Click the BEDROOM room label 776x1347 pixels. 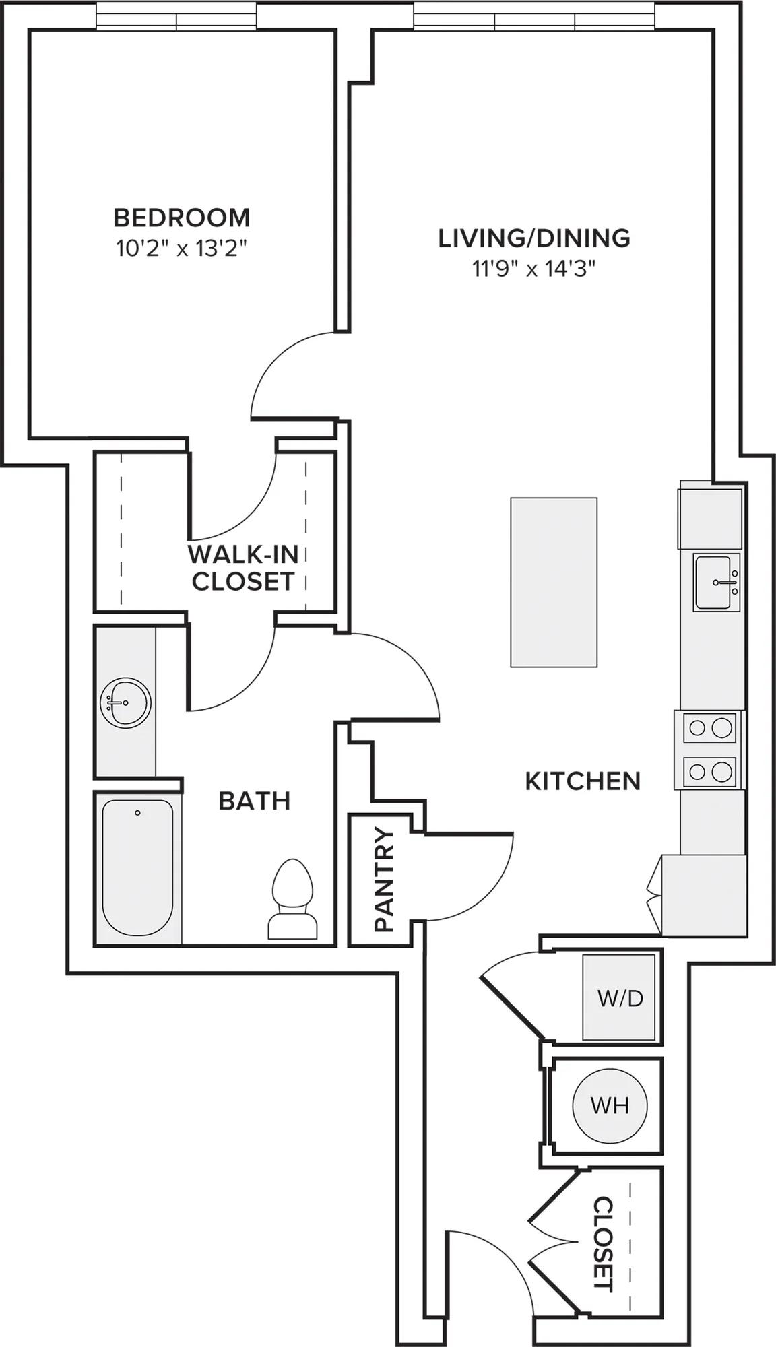point(182,218)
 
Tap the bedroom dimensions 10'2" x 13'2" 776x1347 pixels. point(182,249)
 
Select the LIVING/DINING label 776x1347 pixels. point(534,238)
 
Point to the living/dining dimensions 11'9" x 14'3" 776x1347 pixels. point(534,269)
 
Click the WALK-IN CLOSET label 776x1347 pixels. point(243,568)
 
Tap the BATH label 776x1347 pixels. point(255,801)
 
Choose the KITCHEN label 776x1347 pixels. point(583,781)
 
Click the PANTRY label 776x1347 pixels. point(383,880)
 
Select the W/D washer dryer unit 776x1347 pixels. point(620,997)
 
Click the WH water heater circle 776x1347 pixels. point(610,1105)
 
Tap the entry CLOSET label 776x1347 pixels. point(604,1244)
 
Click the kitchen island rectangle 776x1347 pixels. point(554,583)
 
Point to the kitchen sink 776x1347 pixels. point(717,583)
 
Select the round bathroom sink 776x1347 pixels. point(125,703)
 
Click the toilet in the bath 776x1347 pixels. point(292,899)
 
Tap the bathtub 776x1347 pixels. point(138,868)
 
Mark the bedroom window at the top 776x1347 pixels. point(176,16)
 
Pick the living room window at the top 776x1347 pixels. point(536,16)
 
